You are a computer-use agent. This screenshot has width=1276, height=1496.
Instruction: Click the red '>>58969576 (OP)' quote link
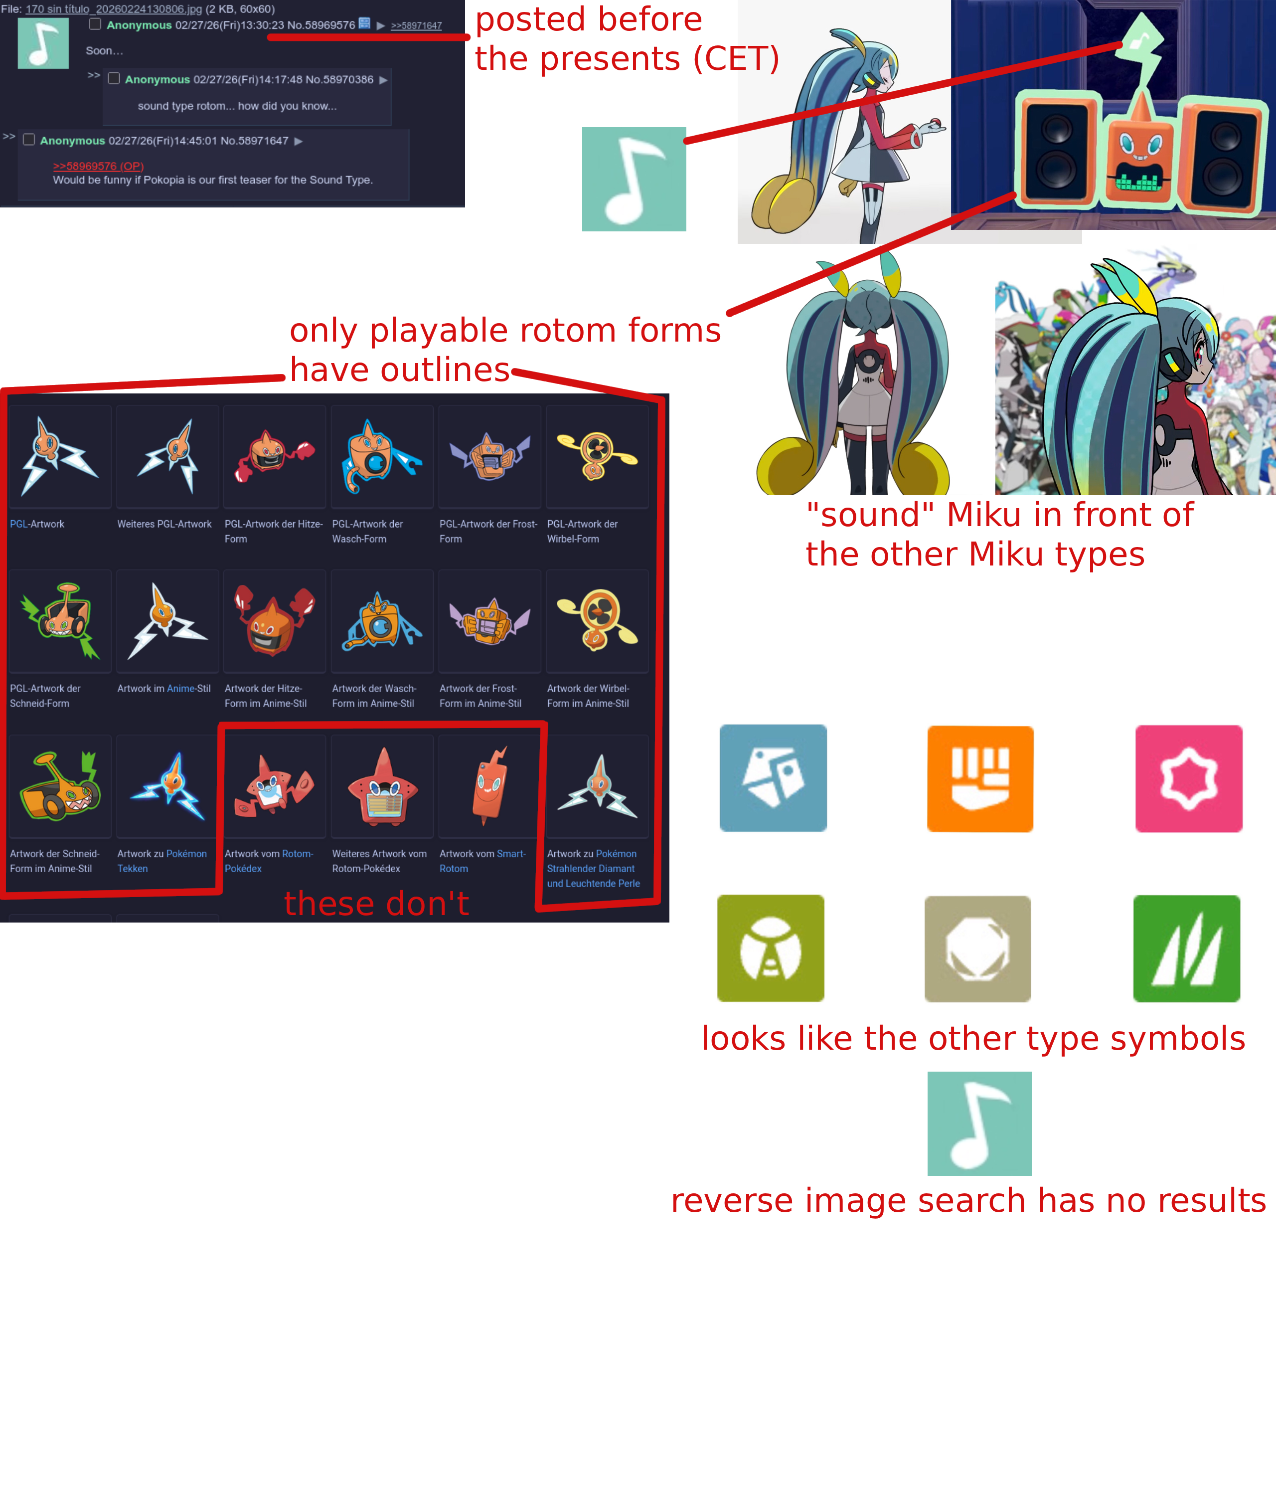(x=98, y=166)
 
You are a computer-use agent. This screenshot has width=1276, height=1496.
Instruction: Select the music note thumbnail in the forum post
(x=43, y=43)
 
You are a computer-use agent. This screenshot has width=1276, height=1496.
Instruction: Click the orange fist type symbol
(x=980, y=778)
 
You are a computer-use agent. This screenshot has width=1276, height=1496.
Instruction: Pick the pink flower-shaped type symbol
(x=1189, y=778)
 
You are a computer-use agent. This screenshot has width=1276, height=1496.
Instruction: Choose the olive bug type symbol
(x=771, y=948)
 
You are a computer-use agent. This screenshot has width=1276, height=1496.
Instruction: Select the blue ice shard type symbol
(x=773, y=777)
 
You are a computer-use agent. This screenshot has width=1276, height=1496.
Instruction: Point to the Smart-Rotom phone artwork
(x=490, y=785)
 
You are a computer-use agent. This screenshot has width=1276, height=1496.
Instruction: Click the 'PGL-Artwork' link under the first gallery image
(x=37, y=524)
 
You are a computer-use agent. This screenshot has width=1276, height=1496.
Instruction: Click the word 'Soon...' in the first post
(x=105, y=50)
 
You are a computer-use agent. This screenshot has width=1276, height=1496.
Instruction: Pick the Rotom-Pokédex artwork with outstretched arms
(x=274, y=787)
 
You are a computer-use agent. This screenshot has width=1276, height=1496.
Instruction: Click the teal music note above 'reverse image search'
(x=979, y=1123)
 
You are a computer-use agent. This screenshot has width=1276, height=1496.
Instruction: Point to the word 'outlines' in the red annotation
(x=446, y=370)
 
